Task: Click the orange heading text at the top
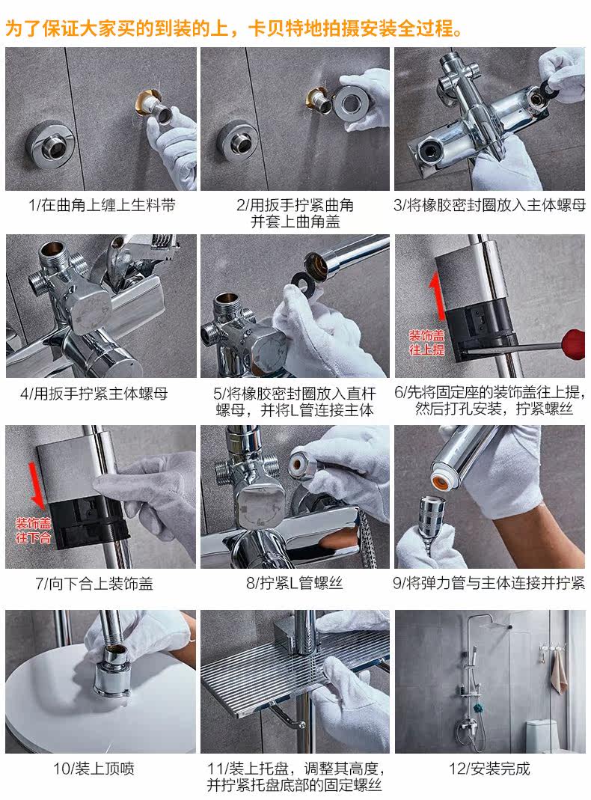[x=233, y=28]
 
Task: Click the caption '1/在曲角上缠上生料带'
[x=102, y=205]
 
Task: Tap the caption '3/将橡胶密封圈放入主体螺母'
[x=489, y=205]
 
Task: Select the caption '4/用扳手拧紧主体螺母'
[x=94, y=394]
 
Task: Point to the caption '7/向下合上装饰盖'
[x=94, y=583]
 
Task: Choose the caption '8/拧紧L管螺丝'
[x=295, y=583]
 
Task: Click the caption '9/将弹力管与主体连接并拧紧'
[x=489, y=583]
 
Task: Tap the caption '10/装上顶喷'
[x=94, y=769]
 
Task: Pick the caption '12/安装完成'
[x=489, y=769]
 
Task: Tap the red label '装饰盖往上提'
[x=427, y=342]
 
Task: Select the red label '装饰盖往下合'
[x=34, y=531]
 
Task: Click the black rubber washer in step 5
[x=304, y=281]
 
